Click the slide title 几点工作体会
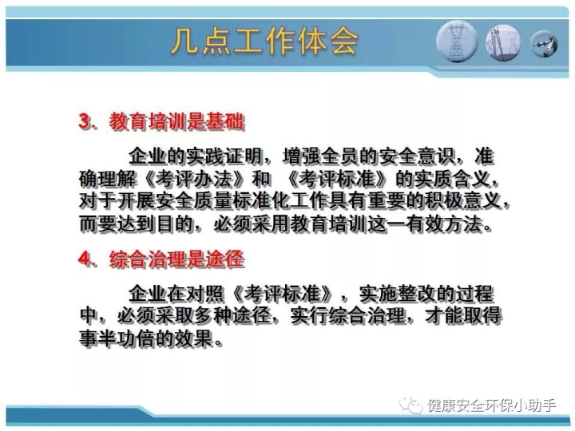click(x=264, y=42)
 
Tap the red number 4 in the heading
click(x=85, y=259)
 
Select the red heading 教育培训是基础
click(x=176, y=121)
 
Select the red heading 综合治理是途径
click(x=176, y=259)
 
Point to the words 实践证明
click(x=224, y=156)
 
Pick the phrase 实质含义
click(x=451, y=180)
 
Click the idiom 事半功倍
click(x=117, y=338)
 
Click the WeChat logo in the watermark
click(x=411, y=405)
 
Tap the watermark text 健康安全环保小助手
click(x=491, y=405)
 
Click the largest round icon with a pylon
click(x=457, y=42)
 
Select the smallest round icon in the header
click(x=544, y=44)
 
